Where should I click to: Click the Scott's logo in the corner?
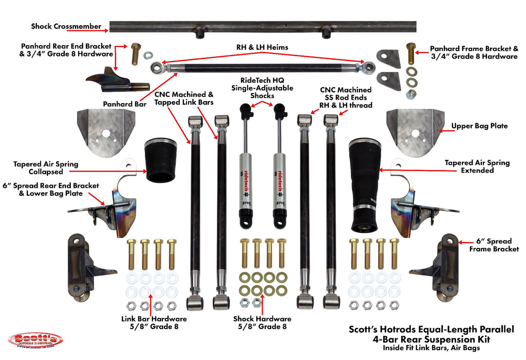tap(35, 339)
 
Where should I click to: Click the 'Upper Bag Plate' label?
tap(479, 125)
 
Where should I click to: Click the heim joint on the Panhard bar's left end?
tap(157, 67)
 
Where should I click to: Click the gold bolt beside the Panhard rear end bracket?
tap(136, 53)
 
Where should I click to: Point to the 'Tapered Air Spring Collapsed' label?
tap(46, 168)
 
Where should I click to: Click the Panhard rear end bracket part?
tap(116, 81)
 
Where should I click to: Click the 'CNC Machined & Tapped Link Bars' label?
tap(183, 98)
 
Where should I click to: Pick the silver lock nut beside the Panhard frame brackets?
tap(411, 94)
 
